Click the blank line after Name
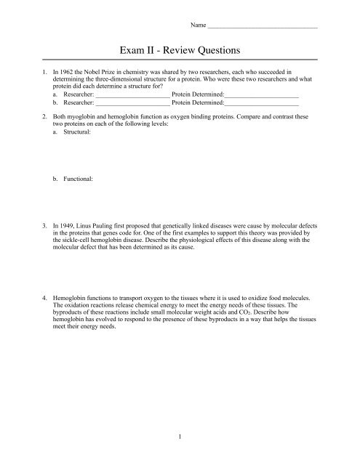(x=263, y=28)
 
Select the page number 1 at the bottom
(x=180, y=437)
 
